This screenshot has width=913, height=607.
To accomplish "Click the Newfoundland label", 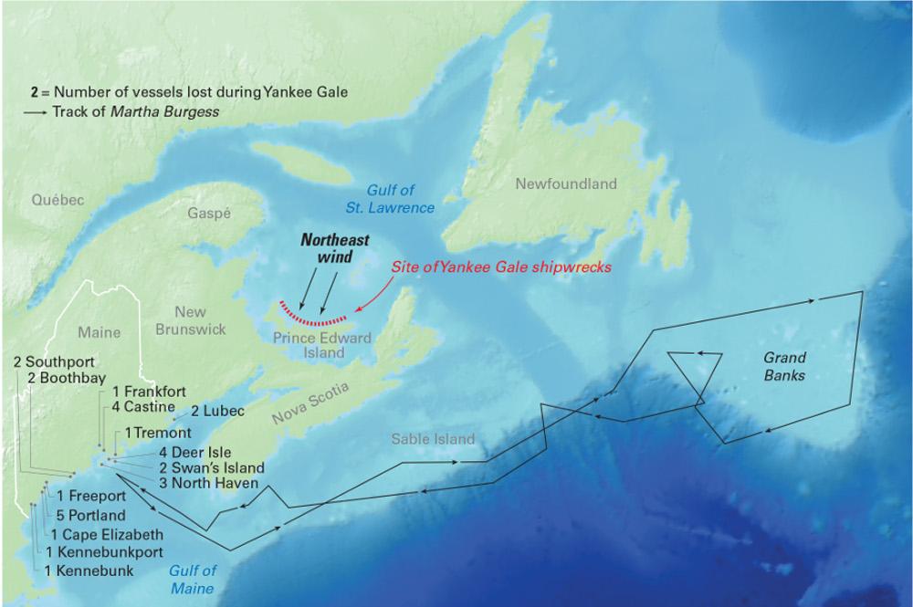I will coord(566,183).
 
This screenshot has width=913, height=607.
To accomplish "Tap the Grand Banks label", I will coord(785,367).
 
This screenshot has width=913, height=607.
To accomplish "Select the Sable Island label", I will coord(433,439).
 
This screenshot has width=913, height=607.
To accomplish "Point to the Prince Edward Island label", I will coord(322,345).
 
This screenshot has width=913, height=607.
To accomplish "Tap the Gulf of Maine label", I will coord(192,580).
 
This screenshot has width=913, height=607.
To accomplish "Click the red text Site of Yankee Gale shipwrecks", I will coord(500,268).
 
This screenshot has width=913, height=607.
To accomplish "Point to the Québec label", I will coord(57,200).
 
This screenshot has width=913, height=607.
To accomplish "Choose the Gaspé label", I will coord(209,213).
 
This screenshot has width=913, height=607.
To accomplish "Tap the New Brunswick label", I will coord(190,320).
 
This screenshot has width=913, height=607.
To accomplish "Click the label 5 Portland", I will coord(91,516).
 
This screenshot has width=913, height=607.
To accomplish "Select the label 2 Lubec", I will coord(217,412).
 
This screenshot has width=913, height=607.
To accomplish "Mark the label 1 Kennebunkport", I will coord(103,553).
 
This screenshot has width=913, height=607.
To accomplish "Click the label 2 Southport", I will coord(55,362).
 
